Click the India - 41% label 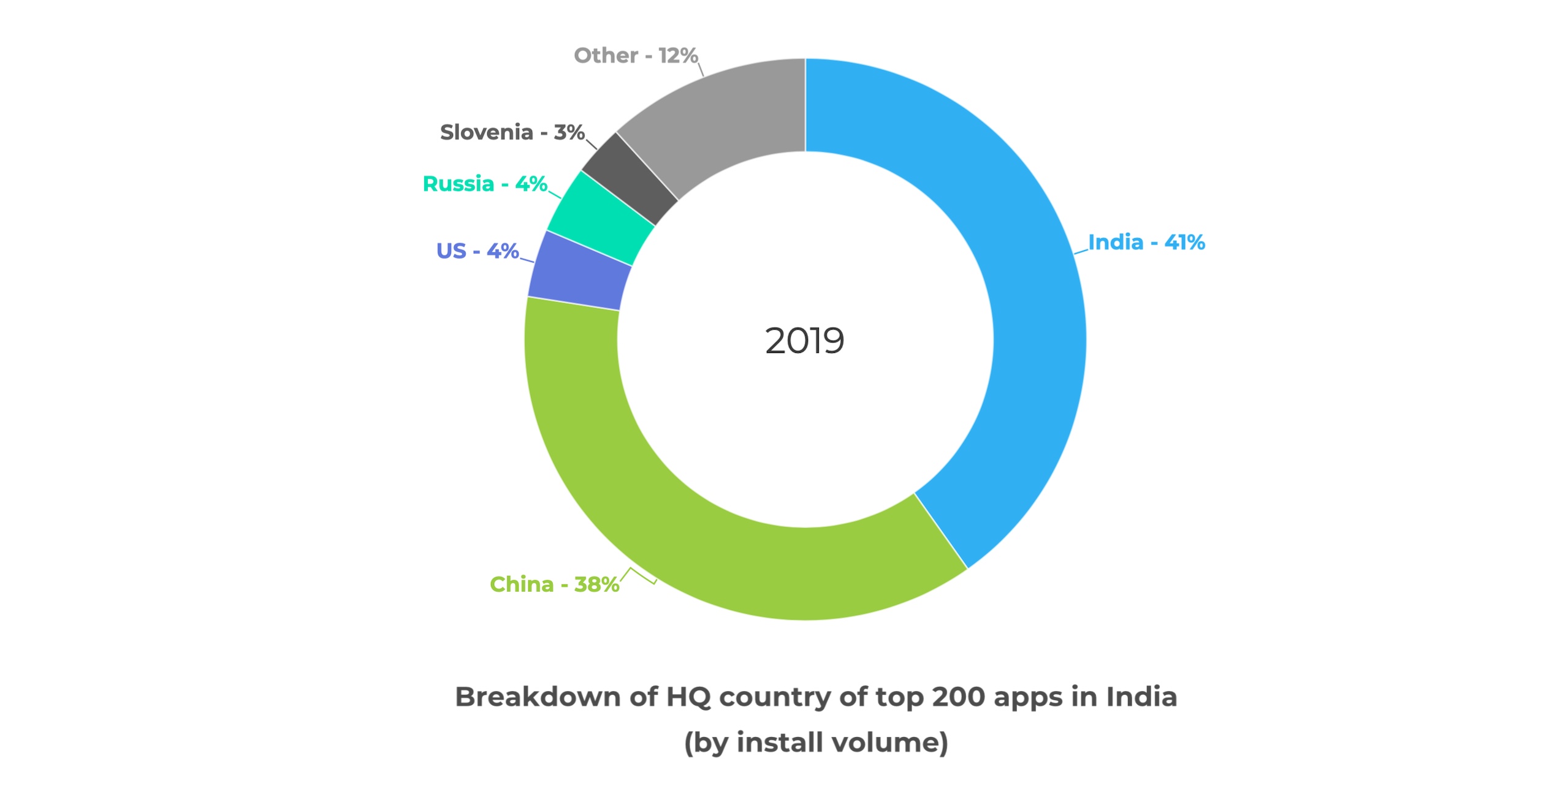point(1146,243)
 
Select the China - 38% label point(554,584)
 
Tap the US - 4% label point(478,251)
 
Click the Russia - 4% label point(485,184)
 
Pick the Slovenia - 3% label point(512,132)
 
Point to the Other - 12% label point(636,56)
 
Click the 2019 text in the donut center point(804,341)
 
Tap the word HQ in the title point(688,697)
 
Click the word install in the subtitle point(779,743)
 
